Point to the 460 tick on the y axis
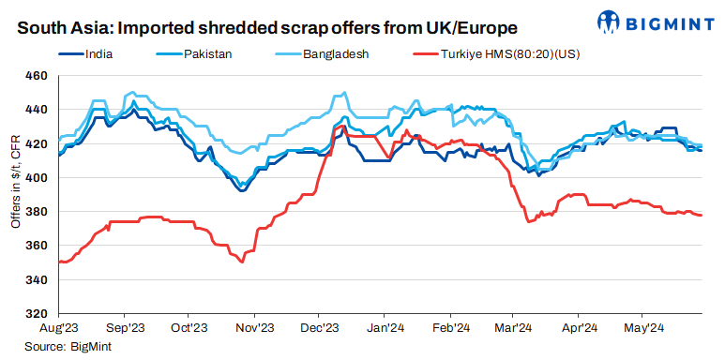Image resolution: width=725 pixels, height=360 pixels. pos(41,76)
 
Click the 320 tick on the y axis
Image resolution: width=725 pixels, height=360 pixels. pos(41,313)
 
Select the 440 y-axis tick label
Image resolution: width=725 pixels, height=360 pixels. pos(41,110)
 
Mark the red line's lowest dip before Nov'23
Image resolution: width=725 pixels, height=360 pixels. pos(242,262)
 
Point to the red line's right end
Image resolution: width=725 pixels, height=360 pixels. pos(702,216)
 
